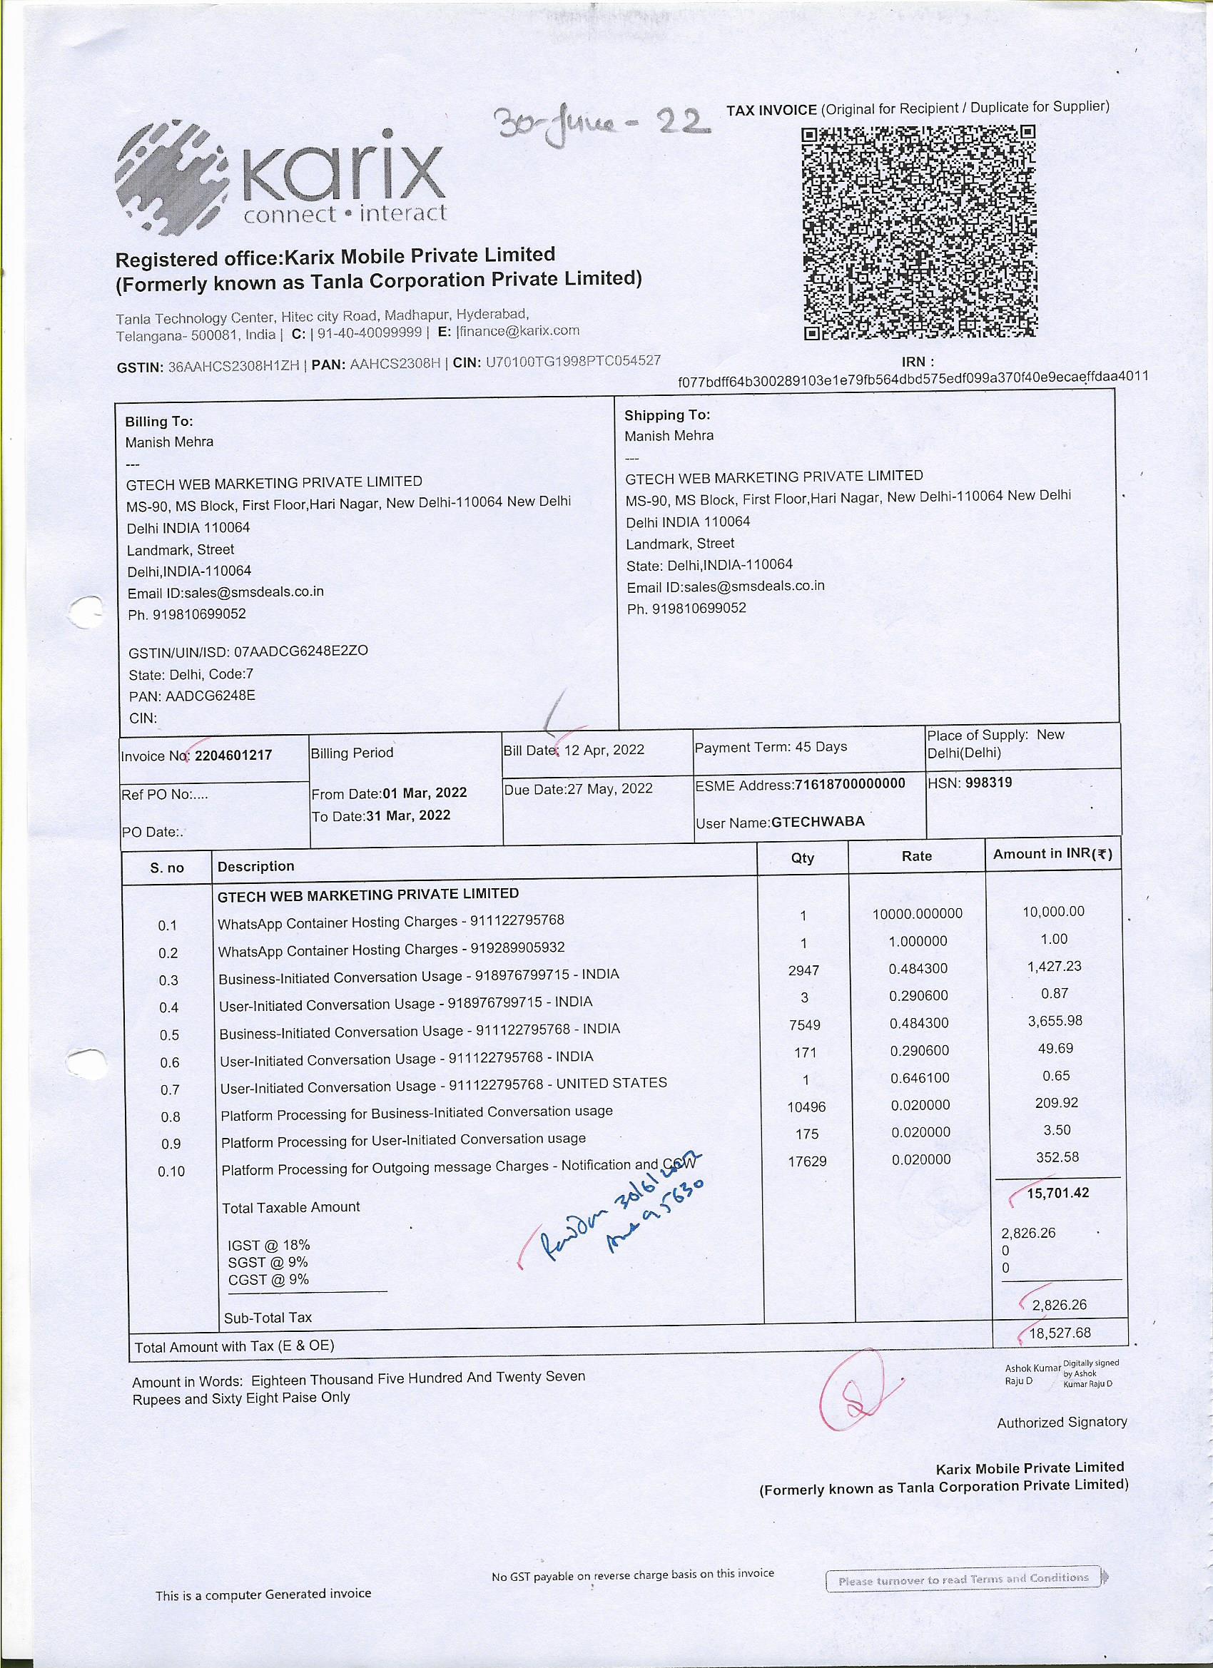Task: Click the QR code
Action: (x=920, y=233)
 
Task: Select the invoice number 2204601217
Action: (x=233, y=756)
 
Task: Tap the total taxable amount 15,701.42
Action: (x=1057, y=1192)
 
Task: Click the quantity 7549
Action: (x=803, y=1024)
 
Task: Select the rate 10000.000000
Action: (x=918, y=913)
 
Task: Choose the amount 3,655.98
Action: (x=1055, y=1021)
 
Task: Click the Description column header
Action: (x=256, y=866)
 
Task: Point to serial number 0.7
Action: (x=170, y=1089)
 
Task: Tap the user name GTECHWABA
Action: (x=817, y=821)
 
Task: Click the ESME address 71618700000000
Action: (x=850, y=784)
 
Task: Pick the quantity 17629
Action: (x=807, y=1161)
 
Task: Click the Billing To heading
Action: (x=159, y=422)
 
